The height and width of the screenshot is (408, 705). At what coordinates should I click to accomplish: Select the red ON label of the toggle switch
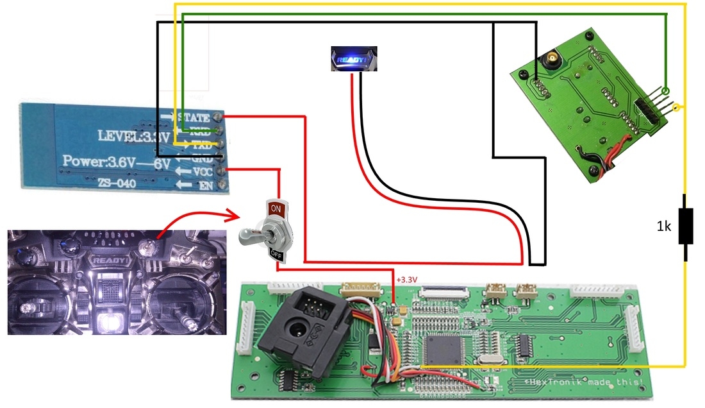[x=276, y=209]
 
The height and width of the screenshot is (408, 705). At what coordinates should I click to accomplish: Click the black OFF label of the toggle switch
[x=276, y=254]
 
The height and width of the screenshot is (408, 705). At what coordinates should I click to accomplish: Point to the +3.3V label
[x=406, y=280]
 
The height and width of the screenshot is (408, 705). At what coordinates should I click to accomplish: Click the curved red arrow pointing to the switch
[x=192, y=218]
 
